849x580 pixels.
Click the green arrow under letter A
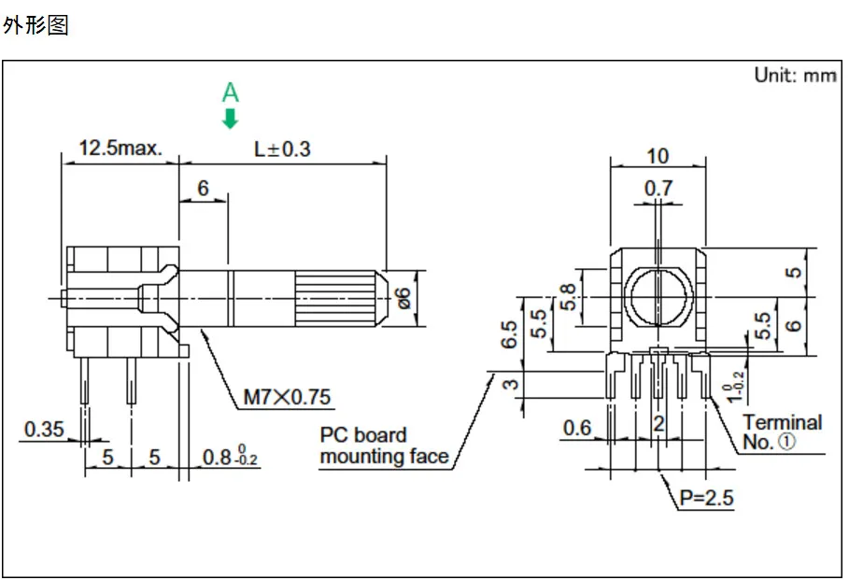tap(230, 119)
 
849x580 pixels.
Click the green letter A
tap(230, 93)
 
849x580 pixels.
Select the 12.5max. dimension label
tap(120, 148)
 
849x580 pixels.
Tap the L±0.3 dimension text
tap(282, 149)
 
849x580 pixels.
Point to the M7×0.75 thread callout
tap(287, 397)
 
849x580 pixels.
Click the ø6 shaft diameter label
tap(403, 298)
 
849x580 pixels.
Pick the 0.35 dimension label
tap(44, 429)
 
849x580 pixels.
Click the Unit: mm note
tap(796, 75)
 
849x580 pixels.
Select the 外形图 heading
tap(35, 25)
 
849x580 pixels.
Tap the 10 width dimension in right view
tap(658, 156)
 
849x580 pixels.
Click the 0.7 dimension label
tap(658, 189)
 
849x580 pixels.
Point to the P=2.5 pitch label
tap(707, 498)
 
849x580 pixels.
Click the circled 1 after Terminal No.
tap(786, 442)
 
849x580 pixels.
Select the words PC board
tap(362, 435)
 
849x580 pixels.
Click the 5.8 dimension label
tap(568, 297)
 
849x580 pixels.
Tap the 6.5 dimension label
tap(509, 334)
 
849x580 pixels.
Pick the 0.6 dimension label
tap(577, 428)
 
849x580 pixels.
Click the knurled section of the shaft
tap(335, 298)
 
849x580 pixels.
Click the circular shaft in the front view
tap(658, 296)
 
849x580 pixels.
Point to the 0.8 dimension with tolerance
tap(230, 456)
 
